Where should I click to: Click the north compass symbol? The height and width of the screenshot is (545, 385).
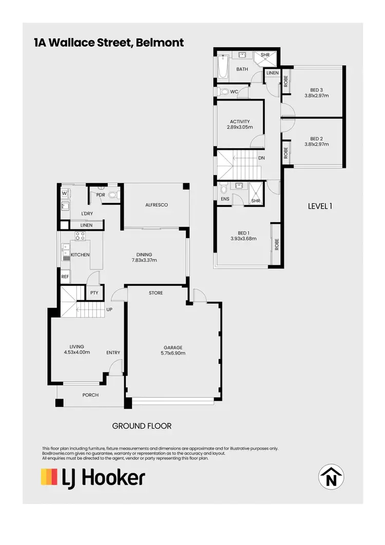332,477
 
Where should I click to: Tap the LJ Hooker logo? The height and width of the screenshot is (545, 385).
93,477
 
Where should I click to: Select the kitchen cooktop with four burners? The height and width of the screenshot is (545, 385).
81,236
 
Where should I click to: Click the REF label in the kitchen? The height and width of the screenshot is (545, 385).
65,276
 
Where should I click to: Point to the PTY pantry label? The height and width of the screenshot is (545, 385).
94,293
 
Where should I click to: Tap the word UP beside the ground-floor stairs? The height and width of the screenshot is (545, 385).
109,309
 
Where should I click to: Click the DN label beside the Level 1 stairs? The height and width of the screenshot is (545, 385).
261,158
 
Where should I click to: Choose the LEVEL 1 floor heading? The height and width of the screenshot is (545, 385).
320,206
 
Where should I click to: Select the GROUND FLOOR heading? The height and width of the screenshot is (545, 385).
142,425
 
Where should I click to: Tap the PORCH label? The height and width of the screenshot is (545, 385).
90,395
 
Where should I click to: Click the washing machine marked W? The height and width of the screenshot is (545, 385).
65,193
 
